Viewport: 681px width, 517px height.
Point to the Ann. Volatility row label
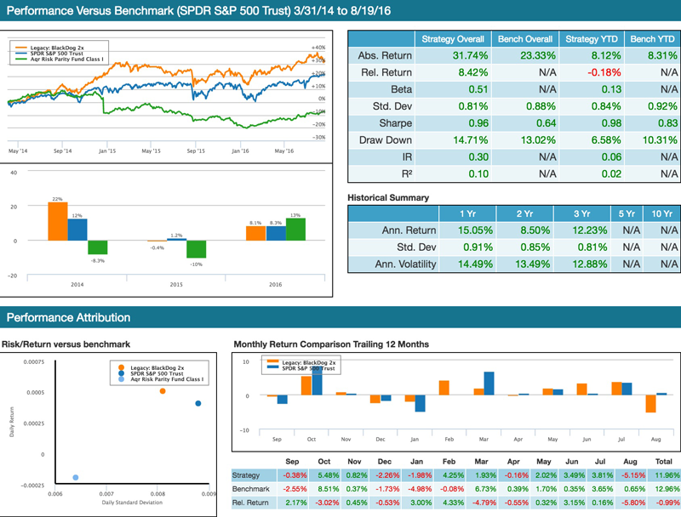pyautogui.click(x=405, y=264)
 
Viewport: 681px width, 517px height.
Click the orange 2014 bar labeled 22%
pyautogui.click(x=57, y=221)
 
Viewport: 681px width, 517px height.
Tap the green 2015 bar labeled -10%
pyautogui.click(x=197, y=249)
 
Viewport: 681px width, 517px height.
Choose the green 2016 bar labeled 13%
pyautogui.click(x=295, y=230)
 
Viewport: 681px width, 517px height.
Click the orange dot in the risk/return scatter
pyautogui.click(x=163, y=391)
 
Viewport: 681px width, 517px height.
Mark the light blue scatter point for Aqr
pyautogui.click(x=76, y=478)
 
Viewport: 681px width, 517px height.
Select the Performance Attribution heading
pyautogui.click(x=68, y=318)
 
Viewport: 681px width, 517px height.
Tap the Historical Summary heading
pyautogui.click(x=388, y=197)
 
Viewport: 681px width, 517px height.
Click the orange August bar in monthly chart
pyautogui.click(x=650, y=403)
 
